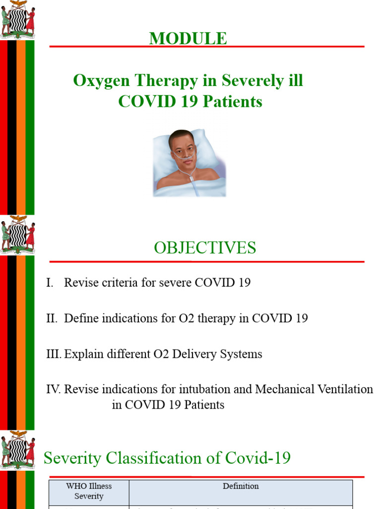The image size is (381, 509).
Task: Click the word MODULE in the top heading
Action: tap(188, 39)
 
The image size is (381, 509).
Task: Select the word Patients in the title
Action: tap(235, 102)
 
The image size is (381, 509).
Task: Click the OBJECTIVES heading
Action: tap(205, 248)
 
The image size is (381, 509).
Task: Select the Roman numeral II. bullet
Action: tap(52, 319)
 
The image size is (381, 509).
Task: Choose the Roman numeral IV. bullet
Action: tap(53, 390)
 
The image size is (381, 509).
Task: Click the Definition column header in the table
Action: tap(241, 486)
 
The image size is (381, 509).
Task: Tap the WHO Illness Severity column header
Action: tap(89, 491)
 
